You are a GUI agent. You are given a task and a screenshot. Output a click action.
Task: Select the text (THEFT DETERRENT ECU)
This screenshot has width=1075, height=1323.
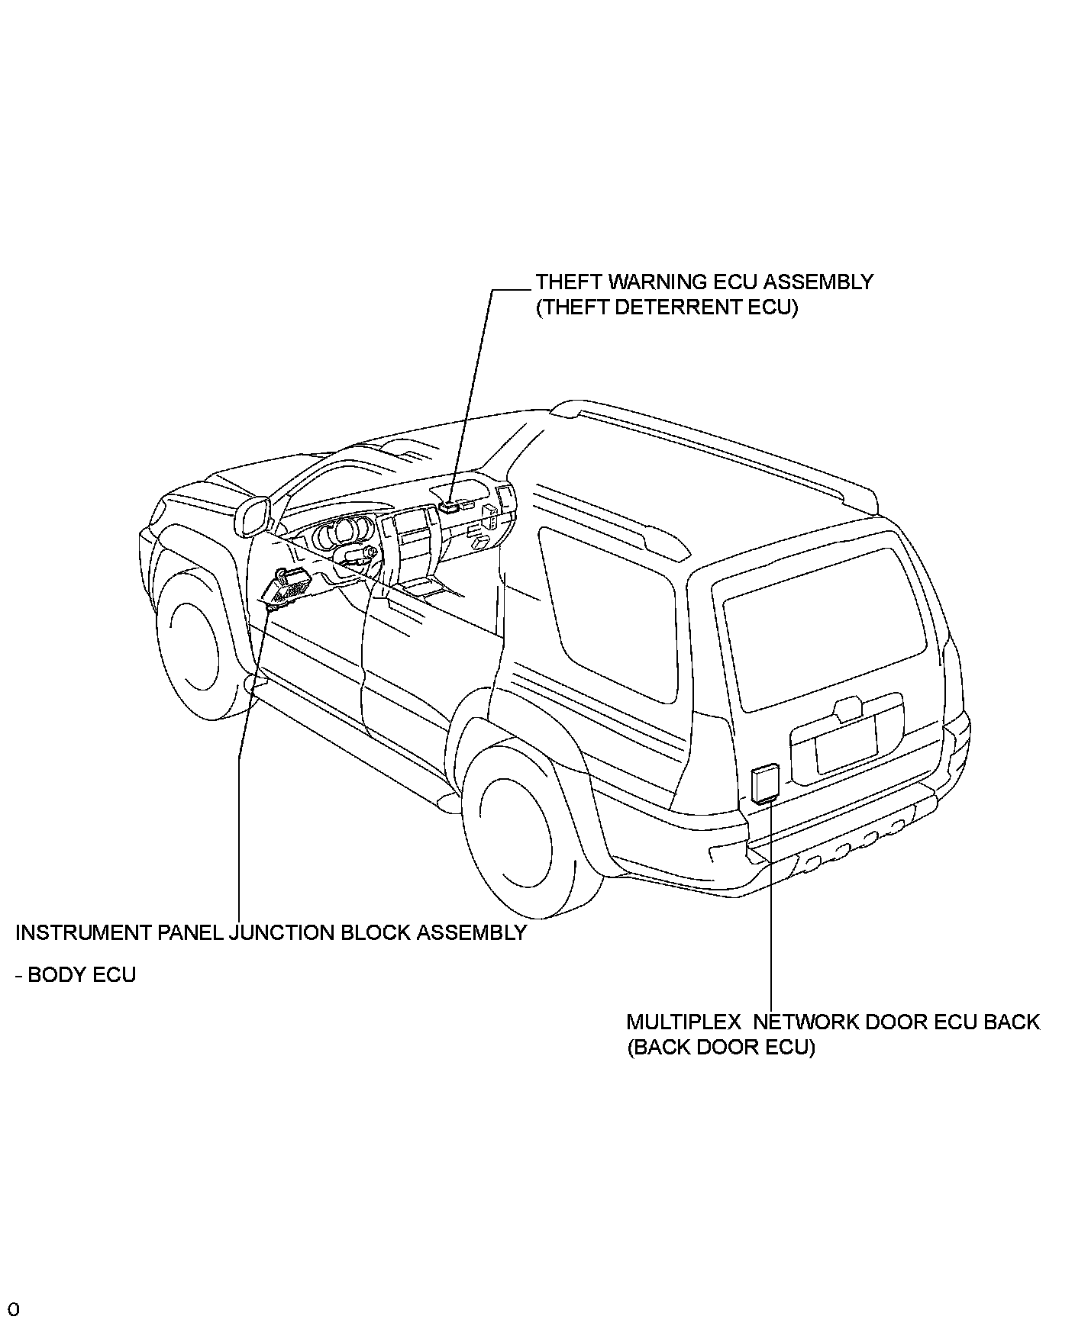(x=667, y=308)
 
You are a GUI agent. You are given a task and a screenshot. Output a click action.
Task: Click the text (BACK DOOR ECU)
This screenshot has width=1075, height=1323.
(x=721, y=1048)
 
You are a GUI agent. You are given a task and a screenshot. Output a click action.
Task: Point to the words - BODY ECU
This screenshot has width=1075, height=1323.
(x=76, y=975)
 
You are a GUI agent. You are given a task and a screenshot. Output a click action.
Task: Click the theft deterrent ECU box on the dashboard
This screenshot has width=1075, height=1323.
(x=449, y=506)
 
